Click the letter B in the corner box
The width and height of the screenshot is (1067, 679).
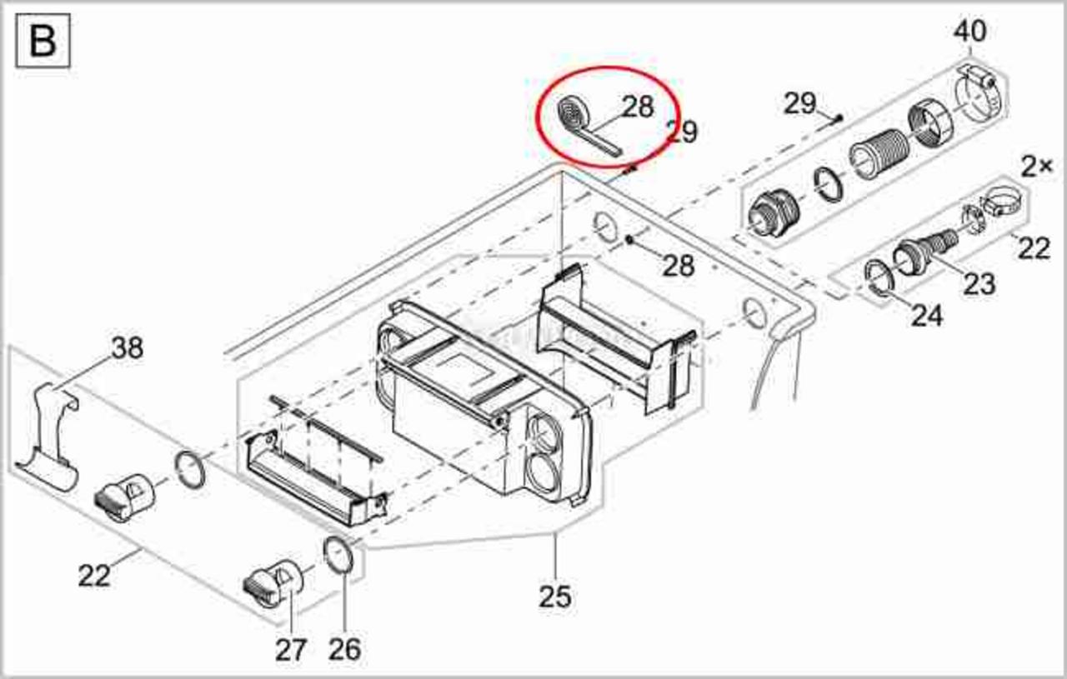43,41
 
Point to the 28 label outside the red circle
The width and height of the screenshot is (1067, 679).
679,265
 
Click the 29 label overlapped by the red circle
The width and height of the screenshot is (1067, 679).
683,132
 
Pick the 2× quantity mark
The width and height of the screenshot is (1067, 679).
1036,167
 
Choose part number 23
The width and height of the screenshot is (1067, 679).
979,284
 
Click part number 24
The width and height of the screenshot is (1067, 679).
926,315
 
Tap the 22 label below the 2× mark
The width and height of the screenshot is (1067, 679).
1034,248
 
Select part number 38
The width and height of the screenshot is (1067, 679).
128,347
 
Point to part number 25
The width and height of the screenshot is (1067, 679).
555,597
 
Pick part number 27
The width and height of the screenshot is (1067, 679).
291,650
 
